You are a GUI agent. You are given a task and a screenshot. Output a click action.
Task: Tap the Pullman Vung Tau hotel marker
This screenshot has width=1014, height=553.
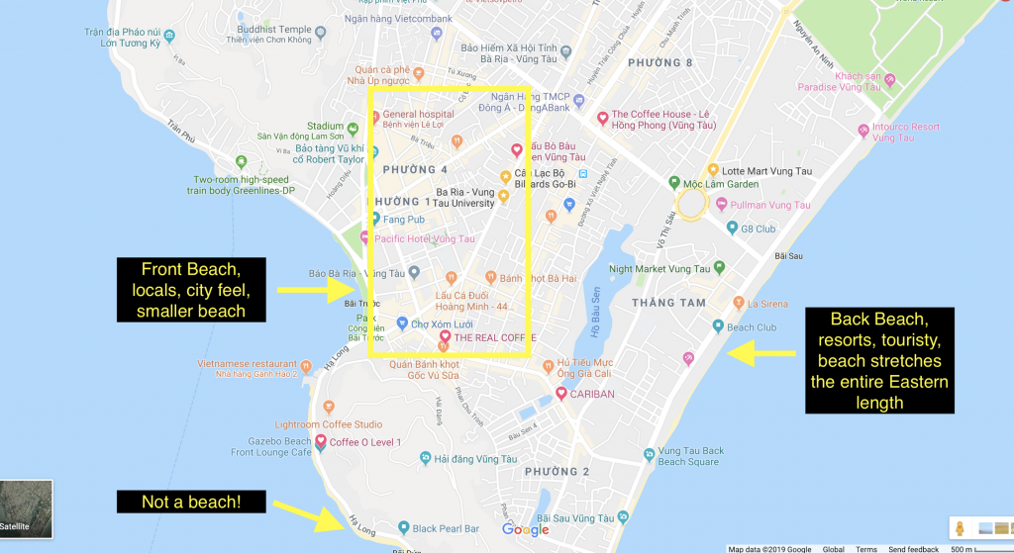tap(721, 205)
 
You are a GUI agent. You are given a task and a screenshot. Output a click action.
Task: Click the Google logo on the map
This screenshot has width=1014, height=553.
tap(525, 529)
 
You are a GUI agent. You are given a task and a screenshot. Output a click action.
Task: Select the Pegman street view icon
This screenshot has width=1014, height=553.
tap(958, 528)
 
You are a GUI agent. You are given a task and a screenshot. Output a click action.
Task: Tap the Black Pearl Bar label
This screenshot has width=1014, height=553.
tap(445, 528)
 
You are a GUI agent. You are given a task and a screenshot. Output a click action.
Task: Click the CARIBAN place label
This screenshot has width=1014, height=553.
tap(592, 393)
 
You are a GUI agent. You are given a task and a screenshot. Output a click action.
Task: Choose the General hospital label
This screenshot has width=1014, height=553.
tap(422, 114)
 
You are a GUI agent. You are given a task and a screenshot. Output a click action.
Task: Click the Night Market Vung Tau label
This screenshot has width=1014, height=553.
tap(659, 268)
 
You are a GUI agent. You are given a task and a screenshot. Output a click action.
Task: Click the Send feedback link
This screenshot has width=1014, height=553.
tap(912, 549)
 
